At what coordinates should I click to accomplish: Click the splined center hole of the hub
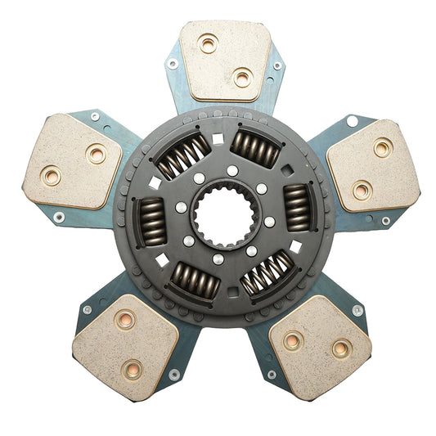(218, 218)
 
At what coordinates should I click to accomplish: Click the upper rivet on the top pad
(209, 43)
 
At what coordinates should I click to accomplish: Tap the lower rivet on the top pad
(242, 79)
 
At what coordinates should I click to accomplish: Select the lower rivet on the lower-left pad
(131, 369)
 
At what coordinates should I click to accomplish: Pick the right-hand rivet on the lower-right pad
(341, 349)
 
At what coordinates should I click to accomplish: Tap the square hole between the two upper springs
(218, 139)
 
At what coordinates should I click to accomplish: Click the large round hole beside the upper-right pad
(352, 121)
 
